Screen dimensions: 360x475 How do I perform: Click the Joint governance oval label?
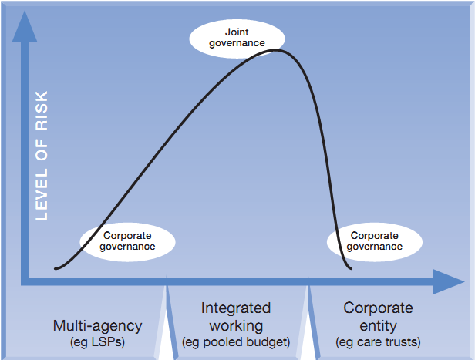coord(237,37)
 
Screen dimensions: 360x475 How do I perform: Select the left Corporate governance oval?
coord(127,241)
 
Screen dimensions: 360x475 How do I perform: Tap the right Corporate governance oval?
coord(375,241)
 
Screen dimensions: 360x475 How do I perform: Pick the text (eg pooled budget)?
coord(236,341)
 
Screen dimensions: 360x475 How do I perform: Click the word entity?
coord(378,325)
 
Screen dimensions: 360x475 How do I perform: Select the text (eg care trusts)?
coord(378,341)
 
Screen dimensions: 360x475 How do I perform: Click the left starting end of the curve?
coord(56,268)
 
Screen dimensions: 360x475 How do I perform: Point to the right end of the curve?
coord(352,269)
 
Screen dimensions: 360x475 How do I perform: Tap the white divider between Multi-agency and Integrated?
coord(166,324)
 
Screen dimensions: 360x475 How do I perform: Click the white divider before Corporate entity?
coord(310,324)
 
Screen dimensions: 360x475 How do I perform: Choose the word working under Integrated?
coord(236,325)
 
